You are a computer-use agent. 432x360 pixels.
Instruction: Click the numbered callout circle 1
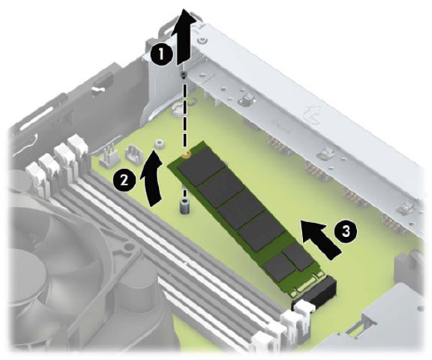[161, 54]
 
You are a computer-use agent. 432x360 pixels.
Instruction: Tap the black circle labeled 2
[124, 181]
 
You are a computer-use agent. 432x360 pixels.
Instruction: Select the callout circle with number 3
[345, 231]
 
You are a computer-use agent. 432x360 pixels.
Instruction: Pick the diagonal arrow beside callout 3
[320, 239]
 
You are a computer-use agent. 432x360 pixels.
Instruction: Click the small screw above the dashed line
[183, 74]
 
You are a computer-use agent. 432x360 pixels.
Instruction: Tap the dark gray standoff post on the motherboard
[183, 205]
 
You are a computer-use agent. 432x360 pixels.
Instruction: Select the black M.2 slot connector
[315, 292]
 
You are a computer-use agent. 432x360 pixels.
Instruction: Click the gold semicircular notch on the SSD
[186, 154]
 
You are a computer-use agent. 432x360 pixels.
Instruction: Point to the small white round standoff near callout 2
[159, 144]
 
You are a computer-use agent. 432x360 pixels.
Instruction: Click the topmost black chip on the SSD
[201, 166]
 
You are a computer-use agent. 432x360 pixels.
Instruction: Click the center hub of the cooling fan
[28, 266]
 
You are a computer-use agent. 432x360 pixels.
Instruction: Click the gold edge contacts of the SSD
[305, 284]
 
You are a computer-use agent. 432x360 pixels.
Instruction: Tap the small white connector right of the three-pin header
[134, 153]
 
